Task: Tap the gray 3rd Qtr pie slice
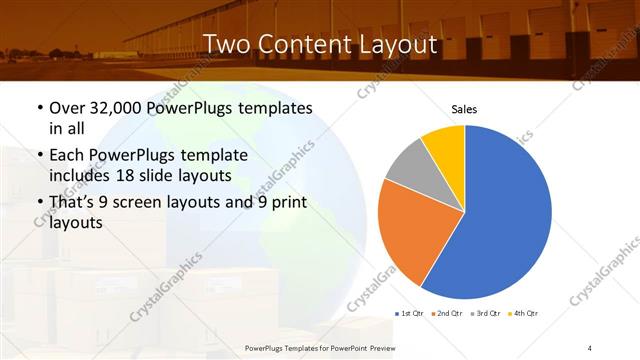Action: (407, 166)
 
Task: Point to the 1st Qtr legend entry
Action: (413, 314)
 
